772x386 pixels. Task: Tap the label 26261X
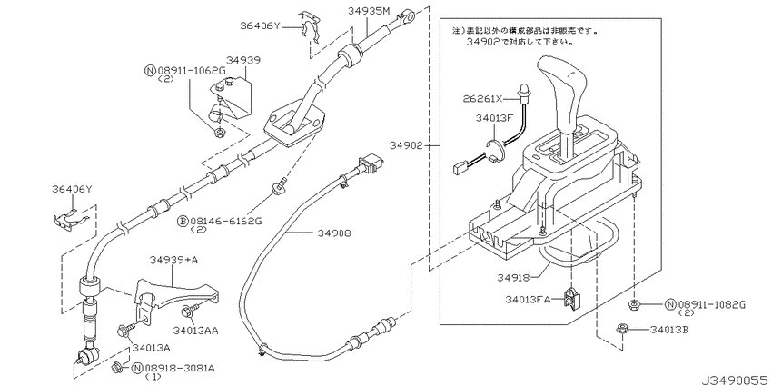(x=482, y=99)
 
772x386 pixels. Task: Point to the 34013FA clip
(x=572, y=299)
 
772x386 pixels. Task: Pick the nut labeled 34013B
(x=621, y=330)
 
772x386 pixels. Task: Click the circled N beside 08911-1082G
(x=669, y=305)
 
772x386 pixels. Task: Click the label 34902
(x=406, y=145)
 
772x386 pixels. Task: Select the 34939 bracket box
(x=231, y=98)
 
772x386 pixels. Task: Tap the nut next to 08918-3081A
(x=117, y=366)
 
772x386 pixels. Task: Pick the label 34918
(x=513, y=278)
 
